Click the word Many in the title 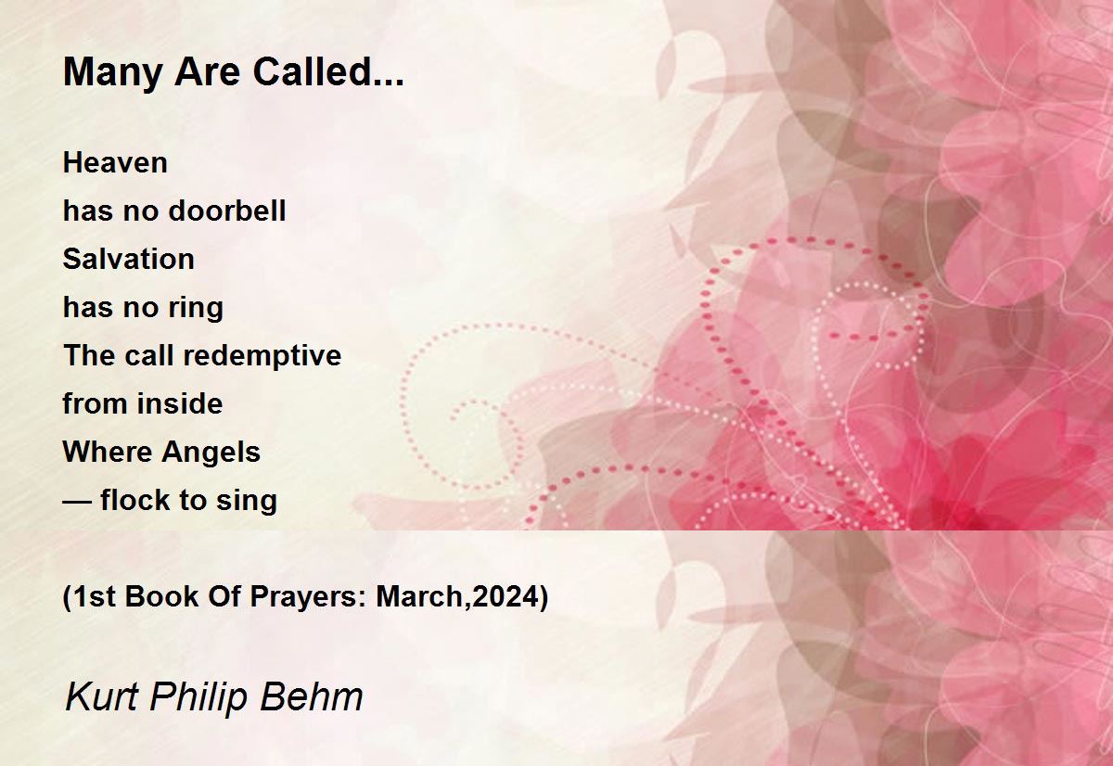pos(113,73)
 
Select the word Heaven pos(115,163)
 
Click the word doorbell pos(227,211)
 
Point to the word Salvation pos(129,259)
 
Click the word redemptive pos(262,357)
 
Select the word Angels pos(211,453)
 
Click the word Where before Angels pos(108,452)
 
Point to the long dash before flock pos(77,501)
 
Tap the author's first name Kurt pos(101,696)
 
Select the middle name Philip pos(198,698)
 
